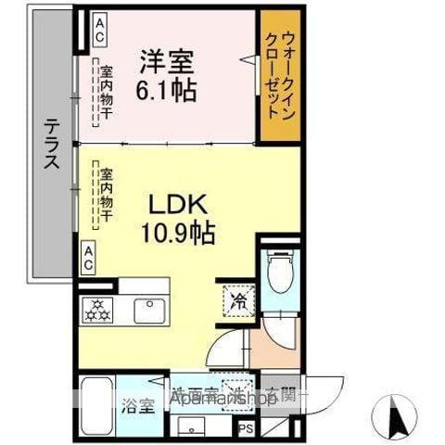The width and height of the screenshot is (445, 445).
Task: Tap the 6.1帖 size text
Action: coord(167,92)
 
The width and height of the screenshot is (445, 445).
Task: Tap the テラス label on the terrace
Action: coord(52,145)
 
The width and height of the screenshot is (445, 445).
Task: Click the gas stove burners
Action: coord(96,310)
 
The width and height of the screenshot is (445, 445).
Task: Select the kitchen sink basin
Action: coord(146,310)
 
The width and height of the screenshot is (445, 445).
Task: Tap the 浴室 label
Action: coord(135,404)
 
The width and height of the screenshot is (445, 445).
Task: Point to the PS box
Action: coord(247,428)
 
